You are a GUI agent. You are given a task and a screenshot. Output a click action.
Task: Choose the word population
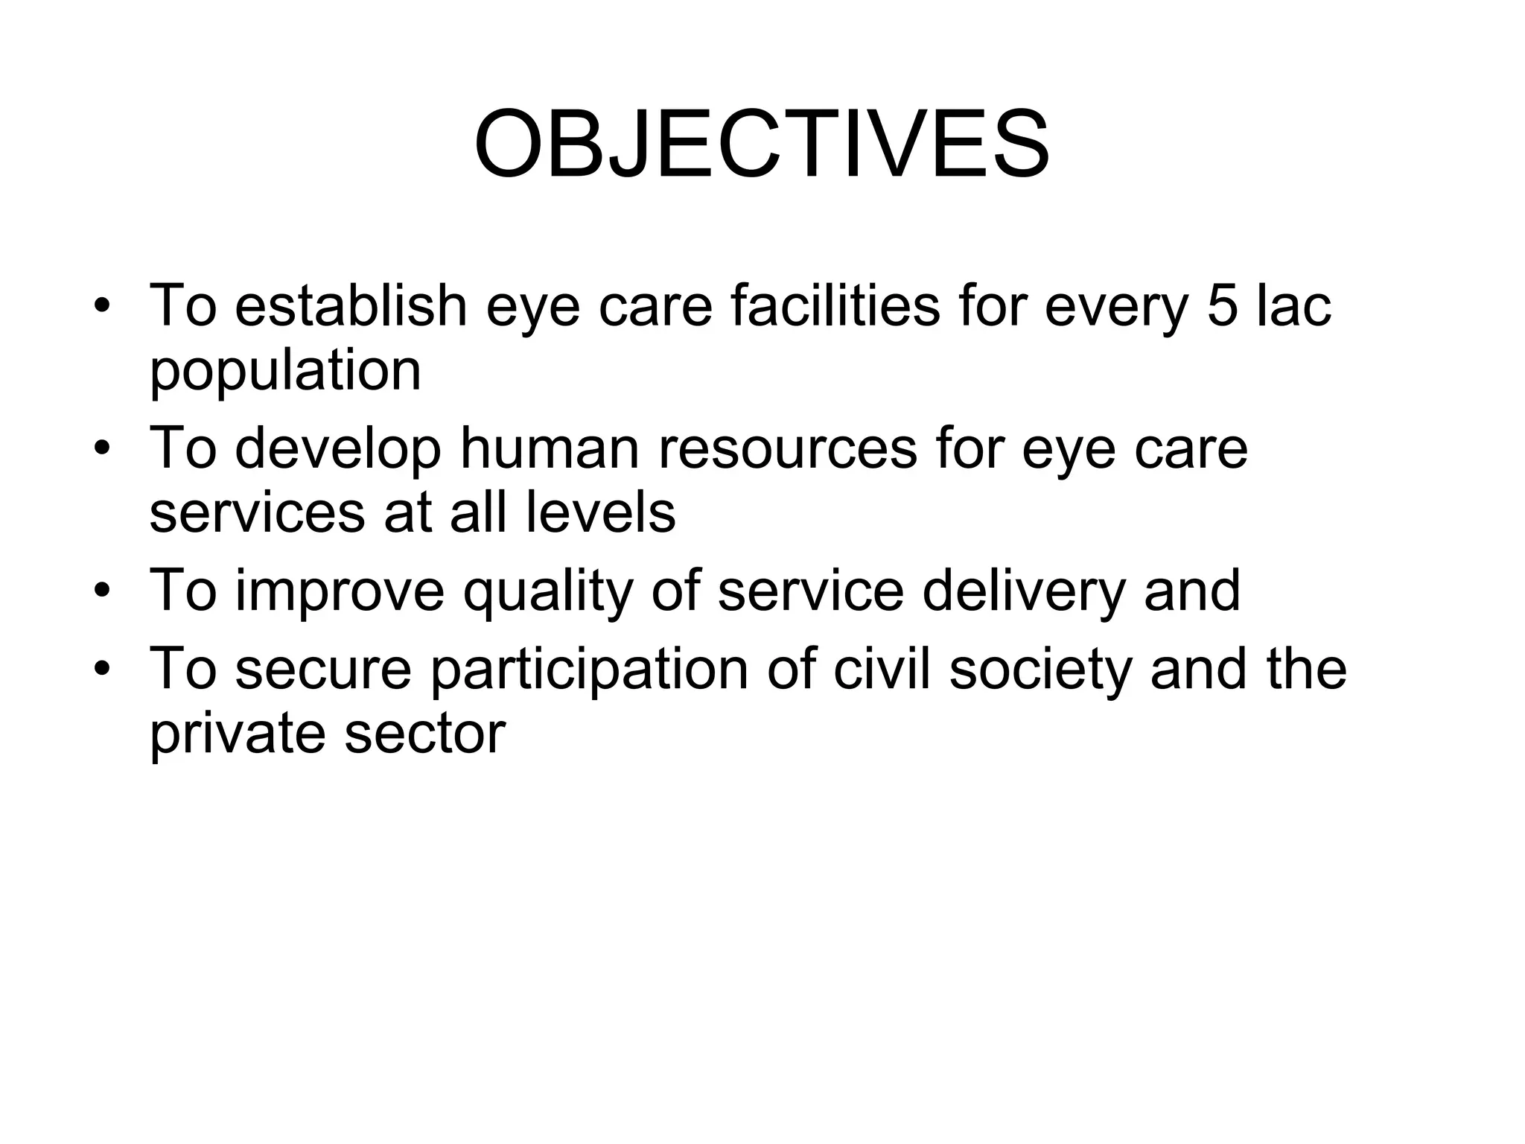click(x=285, y=370)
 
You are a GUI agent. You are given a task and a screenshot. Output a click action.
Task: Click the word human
click(x=550, y=449)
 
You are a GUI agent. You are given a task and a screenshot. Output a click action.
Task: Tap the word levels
click(x=600, y=513)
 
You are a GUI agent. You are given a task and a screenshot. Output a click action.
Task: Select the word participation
click(x=589, y=670)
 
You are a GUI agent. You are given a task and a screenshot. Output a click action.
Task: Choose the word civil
click(x=882, y=670)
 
